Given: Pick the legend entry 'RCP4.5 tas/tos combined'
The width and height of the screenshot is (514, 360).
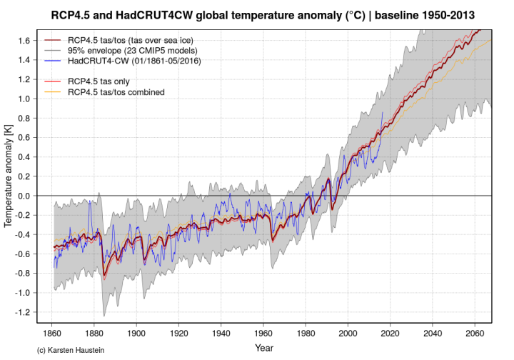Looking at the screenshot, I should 116,92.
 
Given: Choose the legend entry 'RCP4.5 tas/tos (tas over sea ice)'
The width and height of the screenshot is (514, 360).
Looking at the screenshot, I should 135,41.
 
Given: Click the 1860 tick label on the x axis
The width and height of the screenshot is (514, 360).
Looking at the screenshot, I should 52,334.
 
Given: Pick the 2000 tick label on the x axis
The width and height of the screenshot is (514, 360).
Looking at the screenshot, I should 348,334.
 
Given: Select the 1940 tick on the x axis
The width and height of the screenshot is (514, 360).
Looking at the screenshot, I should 221,334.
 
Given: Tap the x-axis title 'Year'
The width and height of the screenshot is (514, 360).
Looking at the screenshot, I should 263,347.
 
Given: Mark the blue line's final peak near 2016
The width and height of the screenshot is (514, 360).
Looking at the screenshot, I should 383,112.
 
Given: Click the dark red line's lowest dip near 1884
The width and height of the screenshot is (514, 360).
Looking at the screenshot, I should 104,276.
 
